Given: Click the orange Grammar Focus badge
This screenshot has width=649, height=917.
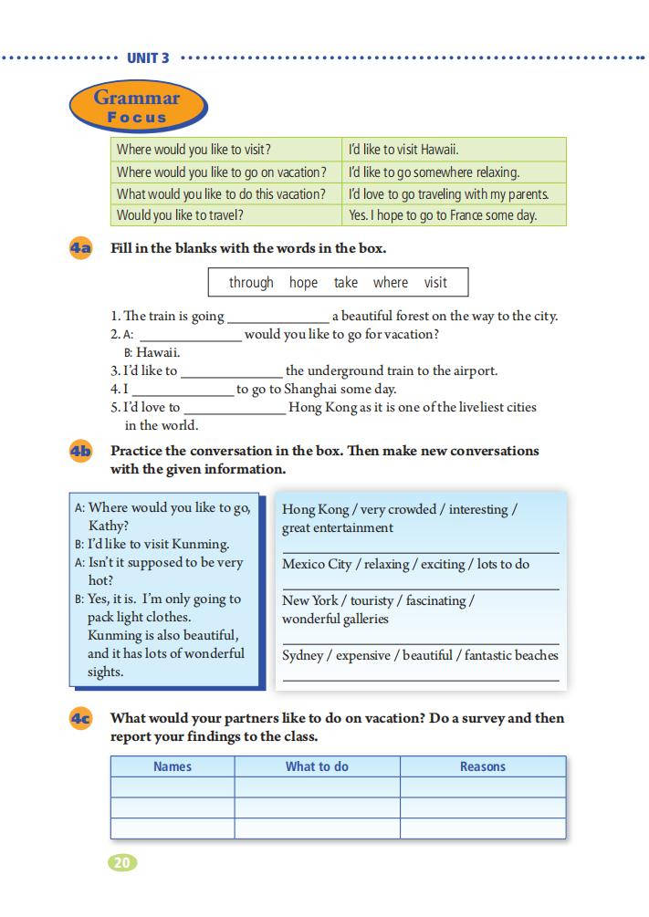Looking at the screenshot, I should point(138,107).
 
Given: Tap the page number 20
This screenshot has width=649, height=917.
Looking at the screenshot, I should point(122,861).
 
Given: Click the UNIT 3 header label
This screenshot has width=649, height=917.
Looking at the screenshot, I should point(148,58).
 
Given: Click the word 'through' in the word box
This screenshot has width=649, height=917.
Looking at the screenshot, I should point(251,283).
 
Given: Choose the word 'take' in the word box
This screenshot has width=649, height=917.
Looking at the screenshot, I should point(346,283).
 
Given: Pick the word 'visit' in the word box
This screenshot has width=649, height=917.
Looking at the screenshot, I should point(435,283).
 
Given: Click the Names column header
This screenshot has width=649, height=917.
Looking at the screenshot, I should point(173,766).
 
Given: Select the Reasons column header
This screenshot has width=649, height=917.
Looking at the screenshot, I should point(482,766).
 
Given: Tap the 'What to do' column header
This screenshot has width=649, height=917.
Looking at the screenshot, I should point(317,766).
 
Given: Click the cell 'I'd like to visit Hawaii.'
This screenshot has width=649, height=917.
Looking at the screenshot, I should point(403,150).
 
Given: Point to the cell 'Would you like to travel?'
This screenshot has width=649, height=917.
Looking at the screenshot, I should point(180,216).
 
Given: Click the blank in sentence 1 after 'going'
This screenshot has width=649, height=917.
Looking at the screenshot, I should point(277,318).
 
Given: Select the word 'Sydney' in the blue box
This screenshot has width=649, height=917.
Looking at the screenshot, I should point(301,656).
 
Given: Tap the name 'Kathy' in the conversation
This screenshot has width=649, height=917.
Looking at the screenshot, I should point(108,526).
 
